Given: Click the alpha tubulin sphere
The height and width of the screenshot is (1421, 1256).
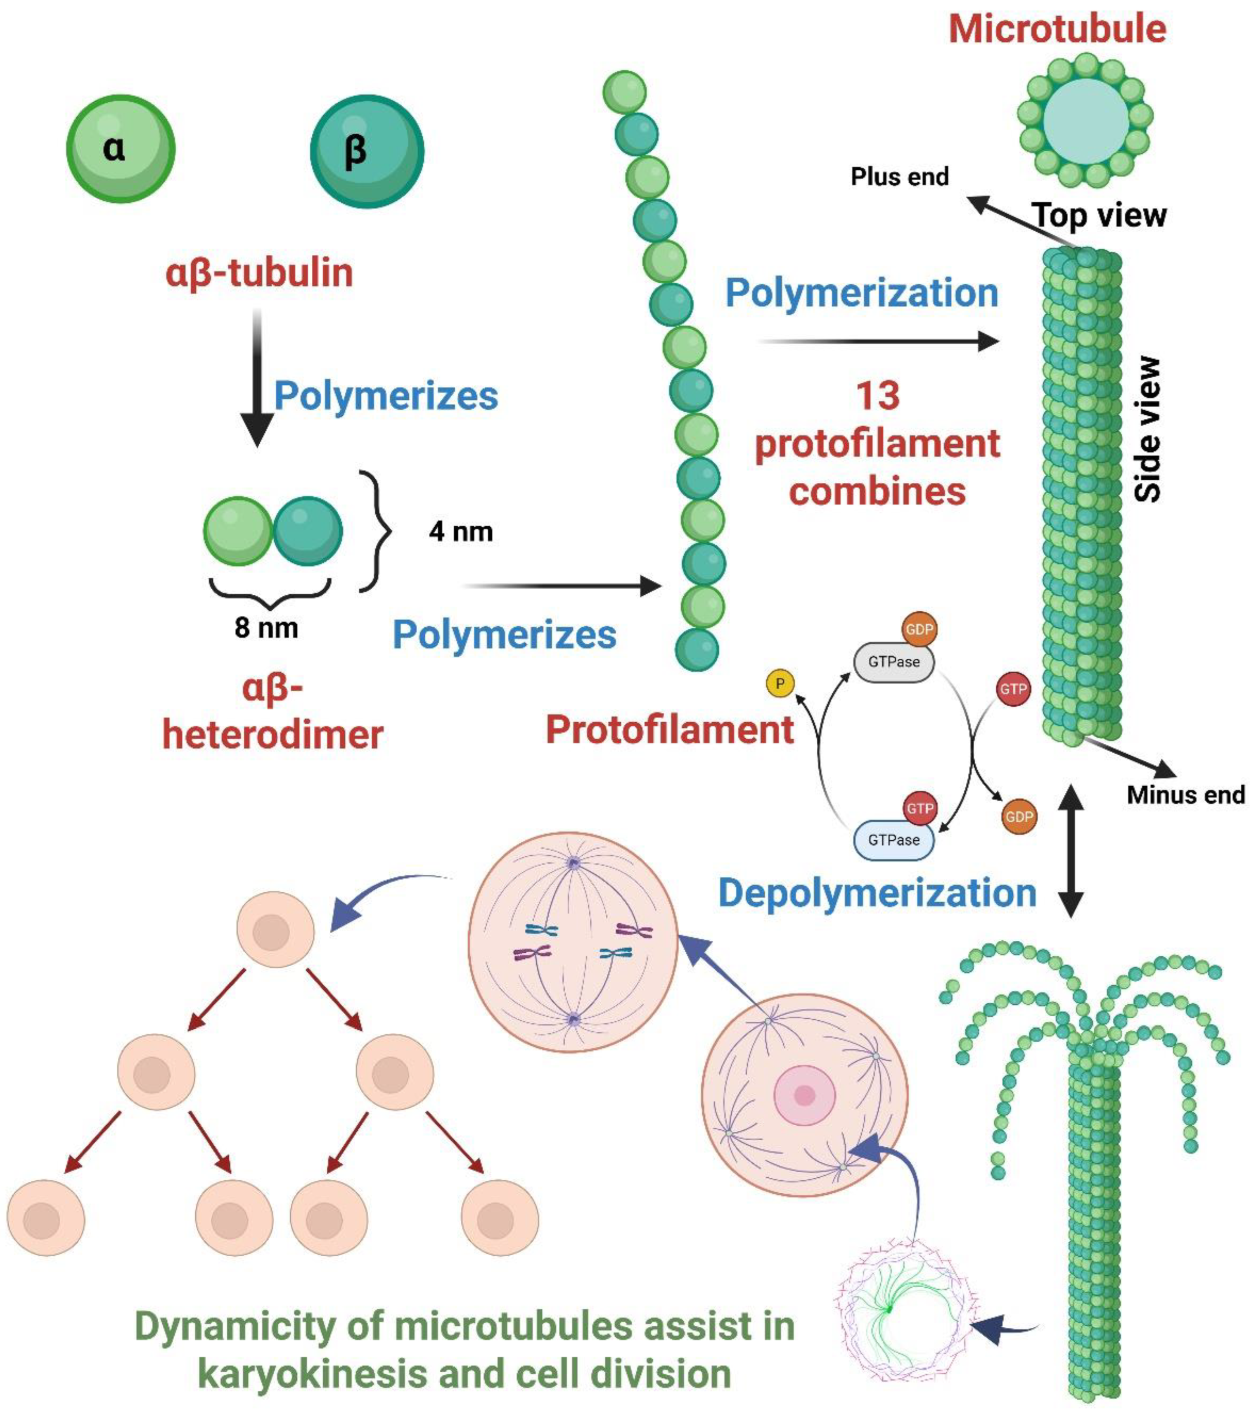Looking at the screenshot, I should (120, 149).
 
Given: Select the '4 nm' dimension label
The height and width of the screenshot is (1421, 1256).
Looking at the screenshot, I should (460, 532).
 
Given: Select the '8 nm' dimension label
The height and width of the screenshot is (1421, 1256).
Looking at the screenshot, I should (266, 628).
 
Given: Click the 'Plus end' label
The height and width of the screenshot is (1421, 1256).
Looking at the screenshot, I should (899, 177).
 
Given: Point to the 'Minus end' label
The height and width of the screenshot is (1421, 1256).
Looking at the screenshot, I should (1185, 795).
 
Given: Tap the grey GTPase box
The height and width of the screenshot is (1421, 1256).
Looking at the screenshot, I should (893, 662).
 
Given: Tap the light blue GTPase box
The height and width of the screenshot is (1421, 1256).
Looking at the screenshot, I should (893, 840).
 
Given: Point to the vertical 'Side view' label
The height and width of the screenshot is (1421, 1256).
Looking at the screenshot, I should (1147, 429).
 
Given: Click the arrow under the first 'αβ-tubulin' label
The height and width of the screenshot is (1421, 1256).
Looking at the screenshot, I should (257, 379).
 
